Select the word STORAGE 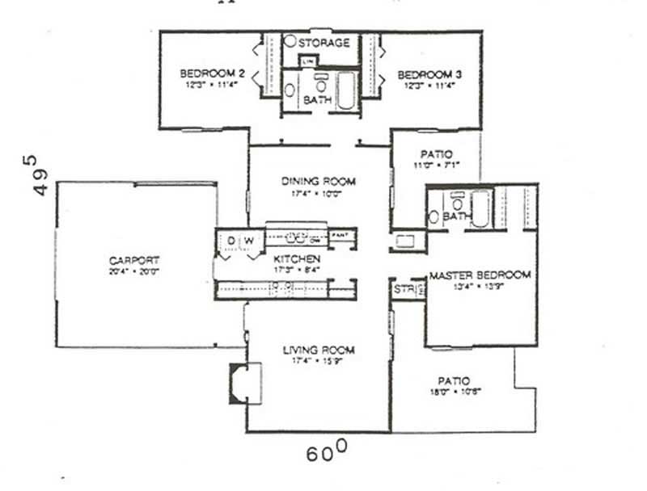[323, 42]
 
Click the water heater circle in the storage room [290, 41]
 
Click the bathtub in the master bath [480, 208]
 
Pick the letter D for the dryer [230, 240]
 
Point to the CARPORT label [134, 260]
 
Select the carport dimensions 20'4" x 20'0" [134, 272]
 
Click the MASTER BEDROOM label [480, 275]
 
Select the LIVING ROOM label [319, 350]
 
